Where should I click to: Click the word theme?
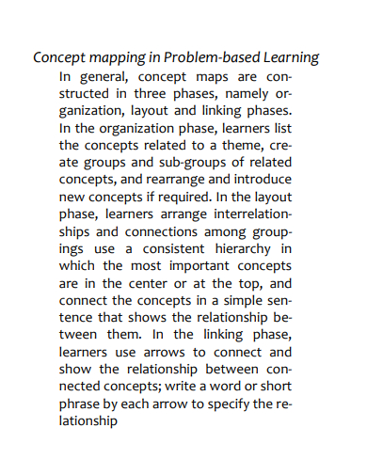click(x=231, y=146)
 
